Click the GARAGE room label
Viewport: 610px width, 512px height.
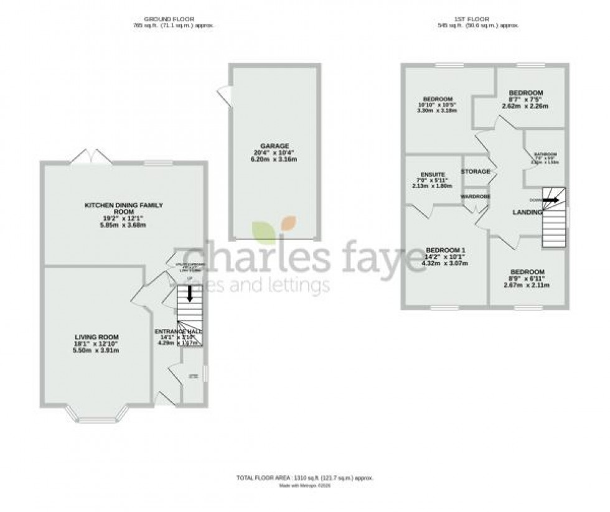click(274, 146)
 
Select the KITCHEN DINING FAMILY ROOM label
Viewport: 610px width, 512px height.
click(124, 208)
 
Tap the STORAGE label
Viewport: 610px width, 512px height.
click(476, 171)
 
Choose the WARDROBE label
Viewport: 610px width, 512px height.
click(476, 197)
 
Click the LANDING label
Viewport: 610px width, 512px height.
click(527, 213)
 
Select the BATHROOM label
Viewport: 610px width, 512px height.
click(545, 154)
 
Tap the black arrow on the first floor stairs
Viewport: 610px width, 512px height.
click(550, 200)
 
